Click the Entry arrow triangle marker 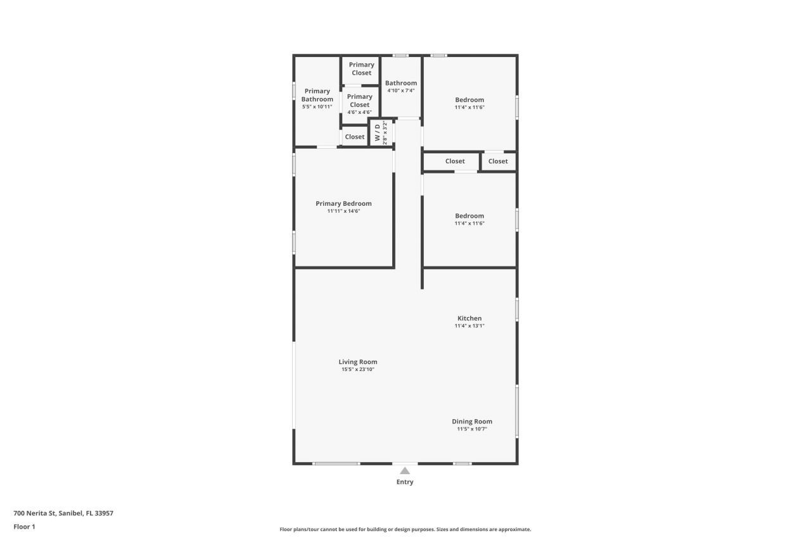405,470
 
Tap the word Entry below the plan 405,482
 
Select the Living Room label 357,362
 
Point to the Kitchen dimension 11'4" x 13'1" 469,326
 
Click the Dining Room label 472,422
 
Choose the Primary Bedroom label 343,203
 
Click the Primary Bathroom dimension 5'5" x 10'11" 317,107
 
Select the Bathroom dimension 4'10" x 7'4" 401,91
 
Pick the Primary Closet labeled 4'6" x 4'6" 359,104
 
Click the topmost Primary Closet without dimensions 361,68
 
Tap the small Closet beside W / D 355,137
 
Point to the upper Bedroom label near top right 469,99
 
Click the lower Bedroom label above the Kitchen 469,216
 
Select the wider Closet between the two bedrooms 455,161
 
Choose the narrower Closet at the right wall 498,161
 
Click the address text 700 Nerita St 63,513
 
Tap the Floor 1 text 24,527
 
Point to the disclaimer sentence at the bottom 405,529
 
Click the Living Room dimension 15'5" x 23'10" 357,370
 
